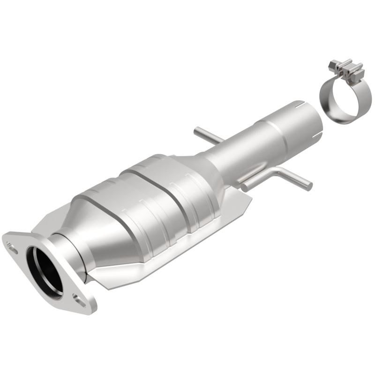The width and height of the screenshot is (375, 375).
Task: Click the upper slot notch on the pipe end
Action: (x=300, y=103)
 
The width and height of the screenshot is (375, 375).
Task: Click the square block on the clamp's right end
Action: (x=358, y=73)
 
